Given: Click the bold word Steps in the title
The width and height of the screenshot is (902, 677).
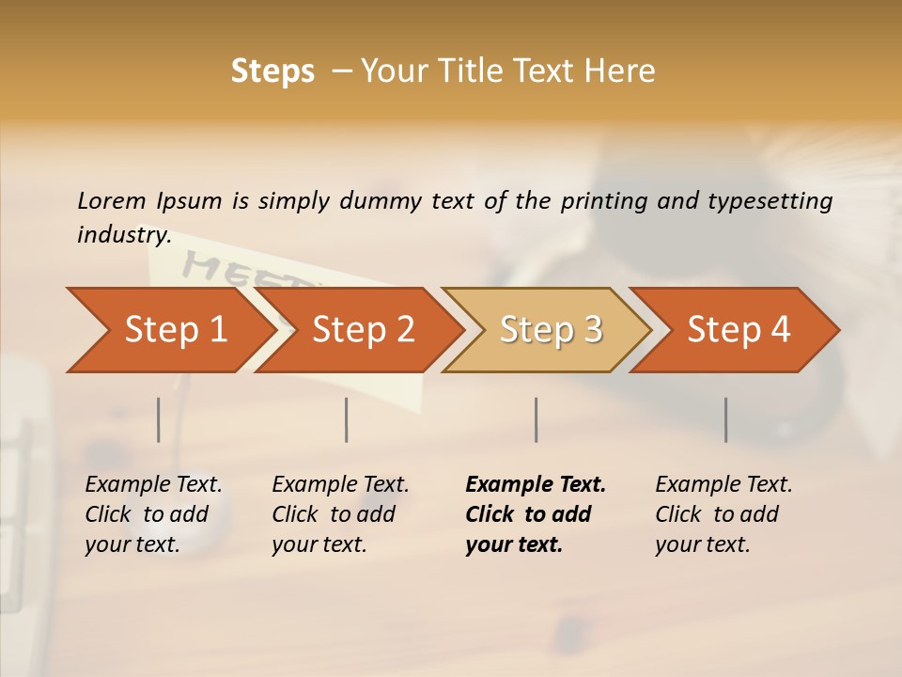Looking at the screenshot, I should tap(272, 71).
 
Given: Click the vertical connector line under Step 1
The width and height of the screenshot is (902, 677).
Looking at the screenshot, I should tap(159, 419).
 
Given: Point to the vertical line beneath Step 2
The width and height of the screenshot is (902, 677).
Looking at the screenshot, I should tap(347, 419).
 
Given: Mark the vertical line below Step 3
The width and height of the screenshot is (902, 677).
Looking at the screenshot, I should tap(537, 419).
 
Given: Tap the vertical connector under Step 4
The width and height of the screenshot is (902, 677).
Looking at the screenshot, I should tap(725, 419).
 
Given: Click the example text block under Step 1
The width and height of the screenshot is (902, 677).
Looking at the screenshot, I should tap(153, 514).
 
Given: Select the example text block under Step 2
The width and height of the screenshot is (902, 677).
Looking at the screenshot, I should tap(340, 514).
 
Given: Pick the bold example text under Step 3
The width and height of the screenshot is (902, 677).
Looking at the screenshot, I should tap(535, 514).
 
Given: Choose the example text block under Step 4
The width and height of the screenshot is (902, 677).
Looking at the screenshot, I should tap(723, 514).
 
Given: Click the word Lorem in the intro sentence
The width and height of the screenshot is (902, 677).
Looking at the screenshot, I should tap(112, 201).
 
